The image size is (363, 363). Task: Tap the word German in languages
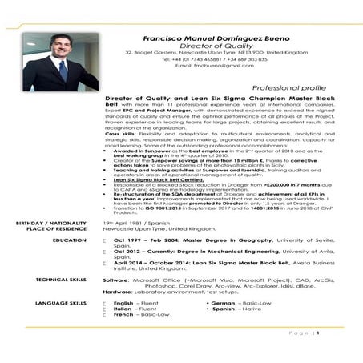(222, 305)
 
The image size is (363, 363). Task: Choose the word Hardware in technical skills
(119, 293)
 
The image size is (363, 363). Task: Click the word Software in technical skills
(117, 280)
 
